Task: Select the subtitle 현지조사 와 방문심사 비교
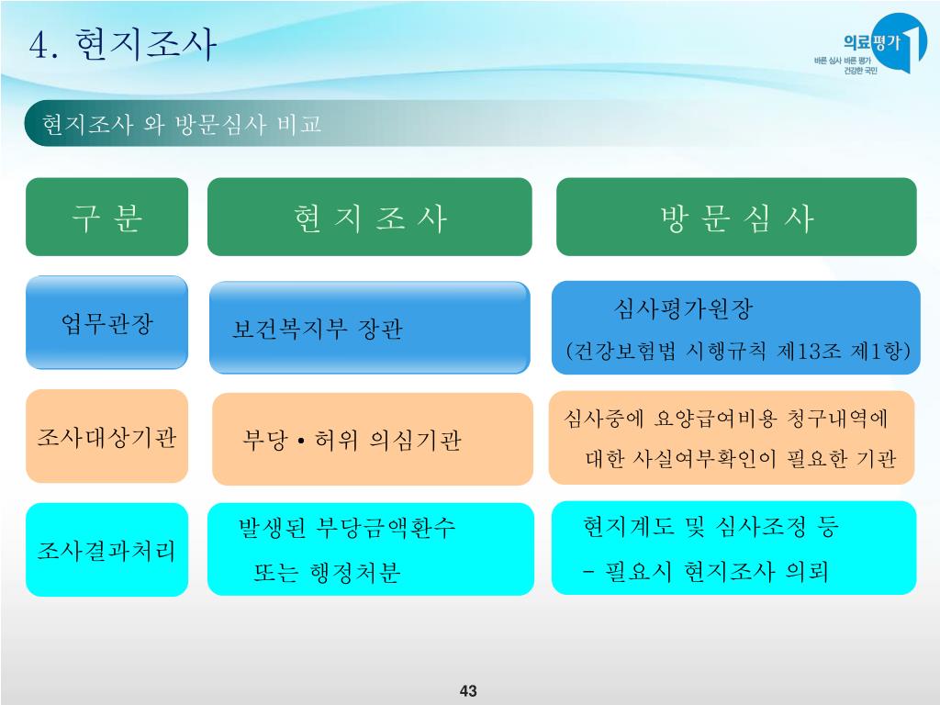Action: [x=182, y=126]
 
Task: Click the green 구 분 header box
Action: [x=106, y=217]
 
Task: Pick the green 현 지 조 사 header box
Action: [x=369, y=217]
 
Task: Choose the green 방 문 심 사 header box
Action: [x=736, y=217]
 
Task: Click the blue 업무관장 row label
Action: [x=106, y=323]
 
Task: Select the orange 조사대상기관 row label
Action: [x=106, y=437]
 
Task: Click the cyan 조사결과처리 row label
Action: [x=106, y=550]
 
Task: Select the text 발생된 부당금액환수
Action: [x=346, y=528]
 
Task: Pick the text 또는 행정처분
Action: [x=327, y=574]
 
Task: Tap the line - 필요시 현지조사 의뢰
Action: [x=705, y=572]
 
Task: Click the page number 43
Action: [x=469, y=690]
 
